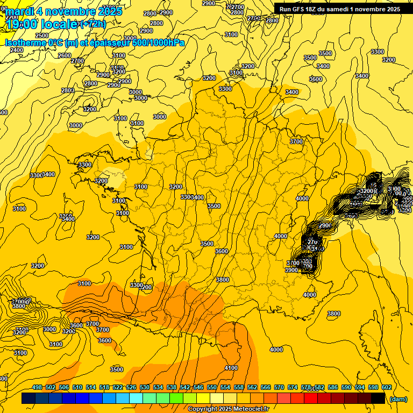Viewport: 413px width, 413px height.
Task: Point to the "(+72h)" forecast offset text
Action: (x=92, y=24)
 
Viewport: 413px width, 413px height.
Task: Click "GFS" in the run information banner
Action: (x=301, y=9)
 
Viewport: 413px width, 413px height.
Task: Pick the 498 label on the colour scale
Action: (x=37, y=387)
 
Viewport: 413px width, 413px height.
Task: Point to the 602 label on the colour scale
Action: (x=386, y=387)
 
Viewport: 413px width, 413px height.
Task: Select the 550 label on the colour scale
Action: (x=212, y=387)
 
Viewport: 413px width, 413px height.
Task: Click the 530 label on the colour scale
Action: (x=145, y=387)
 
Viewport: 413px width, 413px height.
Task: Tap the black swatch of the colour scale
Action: (x=378, y=398)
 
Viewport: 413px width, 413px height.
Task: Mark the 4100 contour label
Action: (x=231, y=368)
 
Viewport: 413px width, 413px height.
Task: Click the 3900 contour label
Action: (x=291, y=270)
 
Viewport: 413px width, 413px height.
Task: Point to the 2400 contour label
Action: (x=17, y=50)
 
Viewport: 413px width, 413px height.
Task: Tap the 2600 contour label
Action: (x=65, y=55)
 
